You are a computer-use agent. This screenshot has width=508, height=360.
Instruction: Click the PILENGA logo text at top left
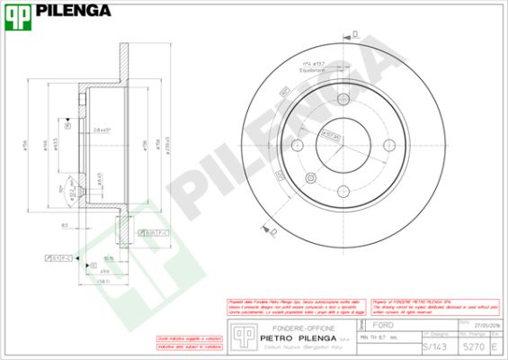pos(75,11)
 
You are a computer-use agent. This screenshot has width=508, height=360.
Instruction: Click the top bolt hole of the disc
pos(343,99)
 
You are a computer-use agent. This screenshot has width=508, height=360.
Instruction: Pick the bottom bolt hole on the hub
pos(343,190)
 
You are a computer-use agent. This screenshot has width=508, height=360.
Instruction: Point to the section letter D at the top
pos(354,34)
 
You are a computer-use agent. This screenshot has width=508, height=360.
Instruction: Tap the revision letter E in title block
pos(495,345)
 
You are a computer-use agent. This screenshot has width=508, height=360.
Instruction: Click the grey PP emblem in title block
pos(240,335)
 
